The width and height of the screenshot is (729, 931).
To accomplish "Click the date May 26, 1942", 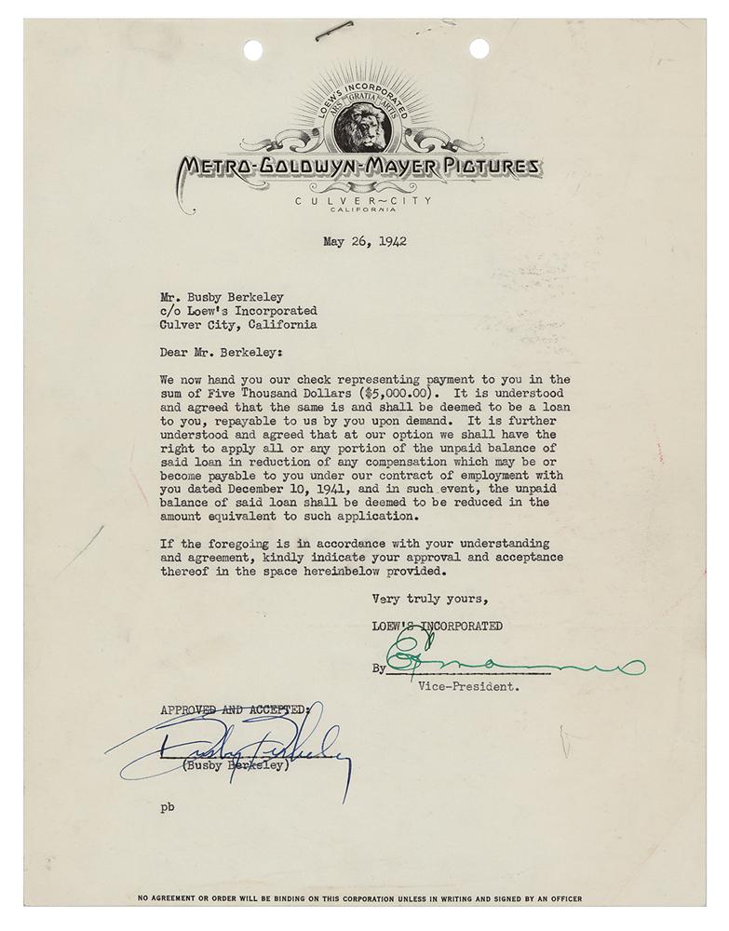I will tap(365, 241).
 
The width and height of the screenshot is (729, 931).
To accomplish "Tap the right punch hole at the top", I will tap(479, 48).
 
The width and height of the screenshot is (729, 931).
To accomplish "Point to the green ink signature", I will tap(512, 663).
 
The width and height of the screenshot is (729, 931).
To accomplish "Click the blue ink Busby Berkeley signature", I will tap(233, 749).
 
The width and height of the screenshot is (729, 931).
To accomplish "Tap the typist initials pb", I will tap(167, 805).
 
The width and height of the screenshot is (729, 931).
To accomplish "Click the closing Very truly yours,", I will tap(428, 598).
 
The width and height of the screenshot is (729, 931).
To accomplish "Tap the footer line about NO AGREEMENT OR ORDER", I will tap(359, 898).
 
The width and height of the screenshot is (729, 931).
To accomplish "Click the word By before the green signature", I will tap(379, 668).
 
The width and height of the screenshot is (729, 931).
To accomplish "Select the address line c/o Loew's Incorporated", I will tap(238, 311).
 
